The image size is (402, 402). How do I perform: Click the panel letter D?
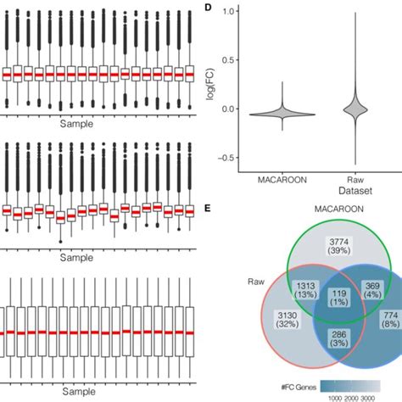[x=208, y=8]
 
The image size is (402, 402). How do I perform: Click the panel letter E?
[x=208, y=208]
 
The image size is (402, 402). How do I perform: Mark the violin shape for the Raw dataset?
[x=356, y=109]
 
